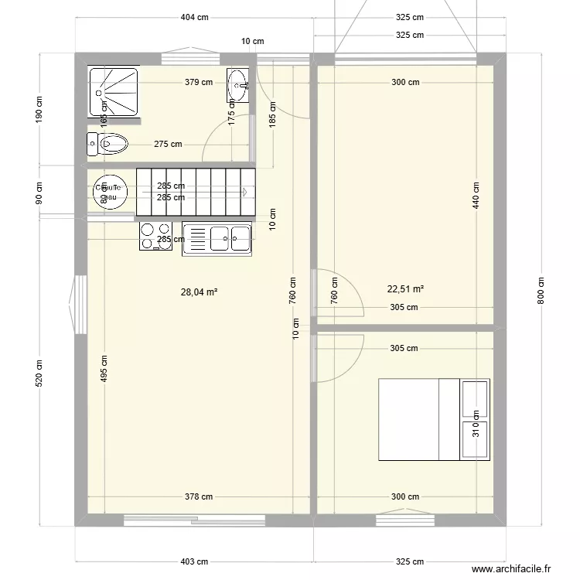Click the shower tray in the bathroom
coord(114,92)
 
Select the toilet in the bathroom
coord(107,144)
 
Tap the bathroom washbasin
coord(237,84)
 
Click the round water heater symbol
coord(107,193)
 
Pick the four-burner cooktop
coord(155,236)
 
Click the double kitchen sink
coord(217,239)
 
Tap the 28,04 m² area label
coord(199,292)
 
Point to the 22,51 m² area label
coord(405,289)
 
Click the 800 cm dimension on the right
coord(541,292)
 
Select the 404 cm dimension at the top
coord(194,17)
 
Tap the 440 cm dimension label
coord(476,195)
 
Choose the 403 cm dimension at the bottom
coord(194,562)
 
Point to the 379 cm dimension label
coord(199,82)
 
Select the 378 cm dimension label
coord(199,497)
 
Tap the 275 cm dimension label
coord(168,144)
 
